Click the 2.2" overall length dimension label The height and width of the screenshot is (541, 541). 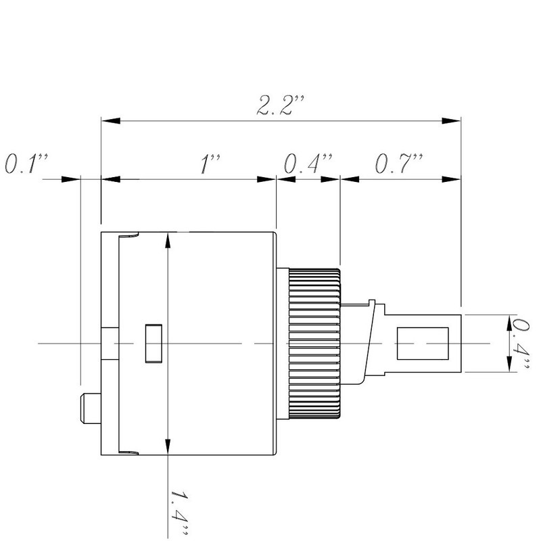tap(280, 105)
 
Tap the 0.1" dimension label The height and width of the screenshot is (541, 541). tap(26, 163)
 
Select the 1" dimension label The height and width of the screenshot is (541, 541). tap(210, 164)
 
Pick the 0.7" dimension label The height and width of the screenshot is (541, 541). tap(399, 163)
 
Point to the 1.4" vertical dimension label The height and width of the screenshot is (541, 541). tap(180, 513)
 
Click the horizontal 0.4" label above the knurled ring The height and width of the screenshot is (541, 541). tap(308, 163)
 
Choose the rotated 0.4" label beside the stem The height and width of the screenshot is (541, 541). tap(519, 344)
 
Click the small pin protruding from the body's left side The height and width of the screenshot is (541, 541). tap(91, 408)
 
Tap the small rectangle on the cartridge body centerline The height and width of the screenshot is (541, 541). tap(154, 344)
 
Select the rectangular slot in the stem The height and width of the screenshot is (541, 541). tap(423, 344)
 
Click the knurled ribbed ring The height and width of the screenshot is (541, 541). tap(314, 344)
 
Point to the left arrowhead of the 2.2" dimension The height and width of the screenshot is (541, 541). tap(111, 121)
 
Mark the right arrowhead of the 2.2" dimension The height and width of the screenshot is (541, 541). tap(451, 121)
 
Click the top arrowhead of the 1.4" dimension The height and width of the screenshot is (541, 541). tap(168, 241)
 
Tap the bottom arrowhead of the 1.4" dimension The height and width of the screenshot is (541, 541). tap(168, 446)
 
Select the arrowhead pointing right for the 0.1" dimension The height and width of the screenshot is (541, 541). tap(71, 179)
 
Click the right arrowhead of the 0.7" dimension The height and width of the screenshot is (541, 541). tap(451, 179)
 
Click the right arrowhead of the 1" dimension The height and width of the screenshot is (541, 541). tap(266, 179)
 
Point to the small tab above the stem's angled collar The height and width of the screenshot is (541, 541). tap(371, 302)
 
